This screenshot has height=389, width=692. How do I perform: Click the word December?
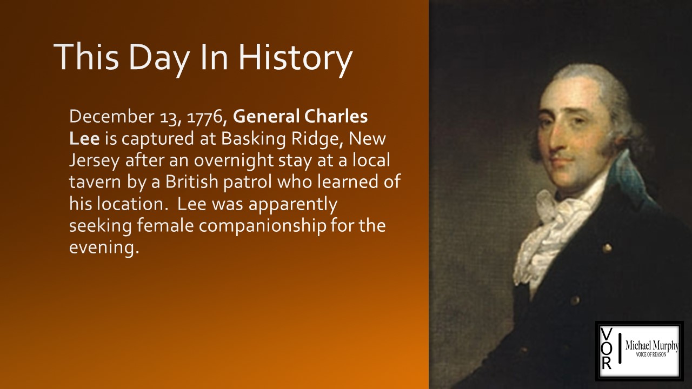tap(111, 116)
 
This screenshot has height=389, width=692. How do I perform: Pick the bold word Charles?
tap(336, 116)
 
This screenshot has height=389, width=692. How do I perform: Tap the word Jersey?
tap(94, 161)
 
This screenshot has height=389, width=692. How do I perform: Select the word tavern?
tap(95, 182)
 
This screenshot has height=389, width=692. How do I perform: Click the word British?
tap(192, 182)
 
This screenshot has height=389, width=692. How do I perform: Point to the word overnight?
tap(234, 161)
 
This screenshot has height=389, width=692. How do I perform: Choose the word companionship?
tap(262, 226)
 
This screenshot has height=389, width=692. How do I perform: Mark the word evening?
tap(102, 248)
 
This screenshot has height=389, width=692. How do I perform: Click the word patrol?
tap(248, 183)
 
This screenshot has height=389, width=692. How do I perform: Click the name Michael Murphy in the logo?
tap(652, 346)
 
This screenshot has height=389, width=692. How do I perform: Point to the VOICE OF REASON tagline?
tap(651, 355)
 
